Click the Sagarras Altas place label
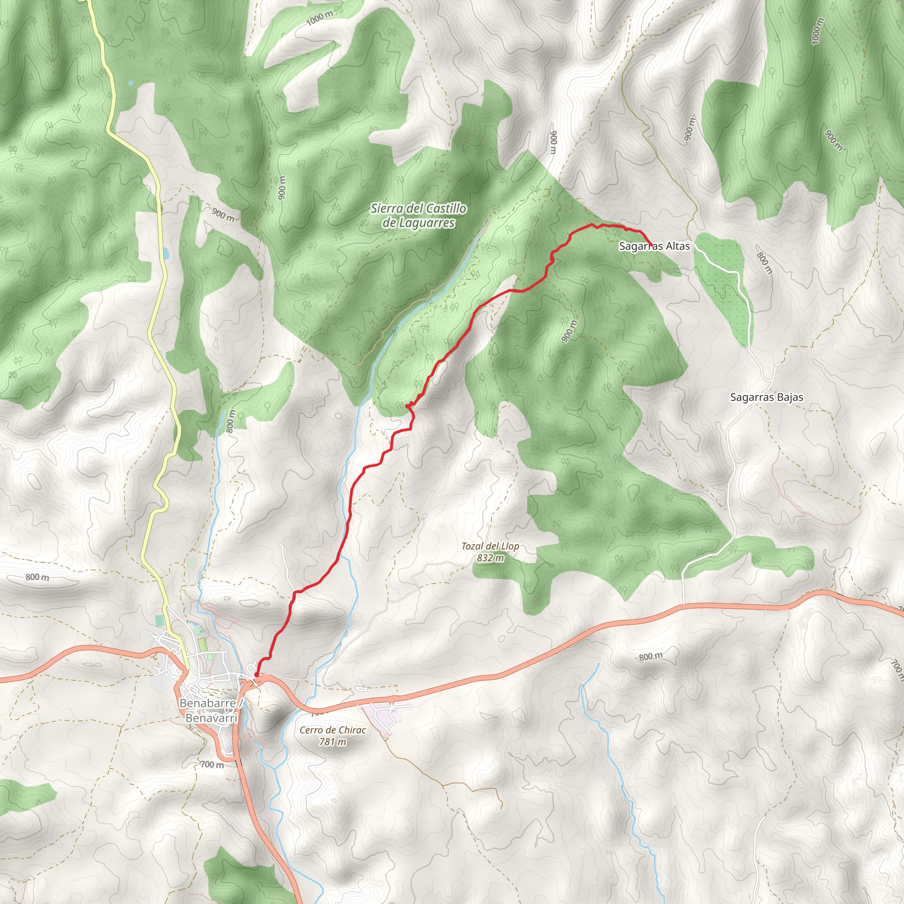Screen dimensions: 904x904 click(x=654, y=246)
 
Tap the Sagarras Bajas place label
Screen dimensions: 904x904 click(x=766, y=397)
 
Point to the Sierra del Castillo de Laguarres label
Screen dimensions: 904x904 click(x=418, y=215)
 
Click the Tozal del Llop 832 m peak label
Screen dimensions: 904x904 click(x=490, y=552)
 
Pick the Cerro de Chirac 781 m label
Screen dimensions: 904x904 click(x=333, y=735)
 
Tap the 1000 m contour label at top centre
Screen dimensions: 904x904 click(x=320, y=18)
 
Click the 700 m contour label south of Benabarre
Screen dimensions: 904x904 click(x=211, y=765)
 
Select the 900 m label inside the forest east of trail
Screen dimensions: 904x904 click(x=568, y=331)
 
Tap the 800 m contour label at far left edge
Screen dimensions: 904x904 click(x=37, y=577)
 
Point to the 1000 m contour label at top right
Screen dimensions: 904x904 click(x=817, y=31)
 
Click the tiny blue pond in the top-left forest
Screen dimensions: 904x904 click(x=130, y=83)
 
